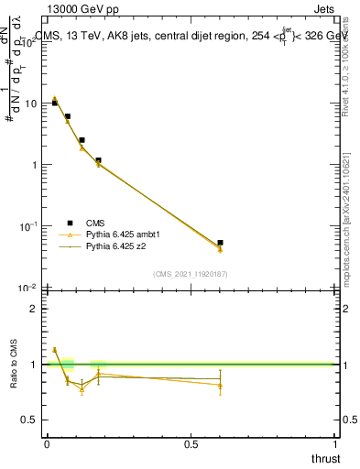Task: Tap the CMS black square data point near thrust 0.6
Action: tap(221, 243)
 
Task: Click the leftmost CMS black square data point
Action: tap(54, 104)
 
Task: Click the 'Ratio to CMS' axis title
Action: tap(15, 364)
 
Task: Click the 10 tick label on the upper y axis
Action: tap(30, 104)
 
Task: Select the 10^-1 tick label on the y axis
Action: tap(28, 225)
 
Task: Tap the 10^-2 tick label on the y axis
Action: tap(28, 287)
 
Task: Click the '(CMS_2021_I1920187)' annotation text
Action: tap(190, 274)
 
